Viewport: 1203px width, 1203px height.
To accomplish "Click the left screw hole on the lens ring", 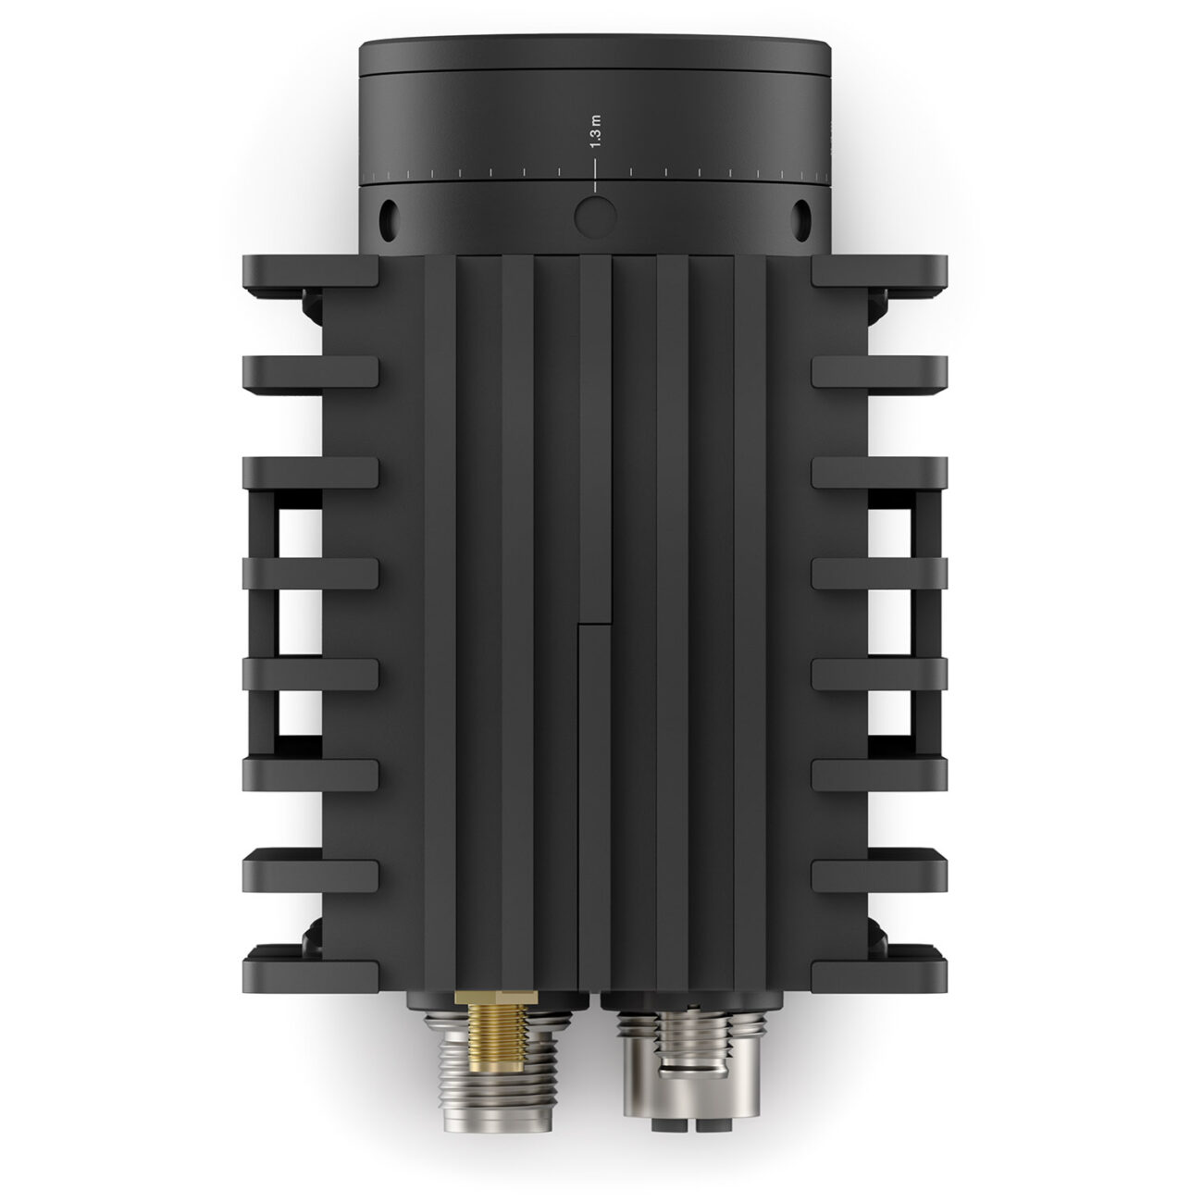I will point(388,216).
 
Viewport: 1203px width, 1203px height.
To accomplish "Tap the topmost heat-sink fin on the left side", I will point(310,270).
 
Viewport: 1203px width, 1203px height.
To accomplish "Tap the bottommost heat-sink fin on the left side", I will point(310,962).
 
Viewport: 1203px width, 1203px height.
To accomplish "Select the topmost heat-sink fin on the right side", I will point(879,270).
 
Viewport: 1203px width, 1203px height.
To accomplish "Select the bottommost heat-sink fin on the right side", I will point(879,962).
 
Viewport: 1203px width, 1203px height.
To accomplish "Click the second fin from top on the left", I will point(310,372).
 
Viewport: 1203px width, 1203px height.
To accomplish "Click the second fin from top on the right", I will point(879,372).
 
